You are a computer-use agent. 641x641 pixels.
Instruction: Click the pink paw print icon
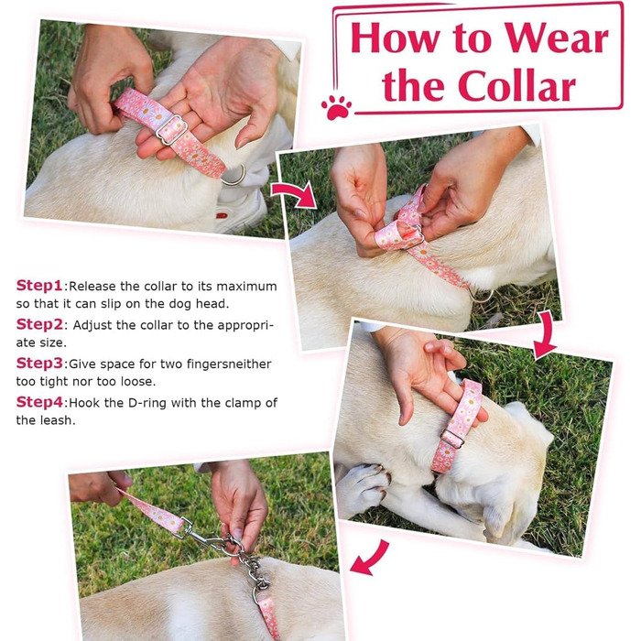tap(336, 107)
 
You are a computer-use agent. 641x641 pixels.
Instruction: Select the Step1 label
tap(39, 286)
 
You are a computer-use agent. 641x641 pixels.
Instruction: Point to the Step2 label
tap(39, 324)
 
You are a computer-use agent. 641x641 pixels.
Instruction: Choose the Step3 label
tap(39, 363)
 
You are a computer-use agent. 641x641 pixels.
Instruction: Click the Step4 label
tap(39, 402)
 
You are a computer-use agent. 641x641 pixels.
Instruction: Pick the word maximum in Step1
tap(246, 286)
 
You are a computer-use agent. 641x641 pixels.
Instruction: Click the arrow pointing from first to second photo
tap(294, 194)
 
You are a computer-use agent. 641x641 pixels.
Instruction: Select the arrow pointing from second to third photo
tap(546, 334)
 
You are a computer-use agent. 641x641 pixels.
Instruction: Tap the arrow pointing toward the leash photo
tap(370, 559)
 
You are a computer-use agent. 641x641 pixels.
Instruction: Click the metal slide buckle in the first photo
tap(172, 130)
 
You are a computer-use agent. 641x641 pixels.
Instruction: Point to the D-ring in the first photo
tap(234, 177)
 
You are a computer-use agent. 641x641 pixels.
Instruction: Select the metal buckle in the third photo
tap(452, 439)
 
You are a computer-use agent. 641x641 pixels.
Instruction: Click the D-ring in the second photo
tap(481, 296)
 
